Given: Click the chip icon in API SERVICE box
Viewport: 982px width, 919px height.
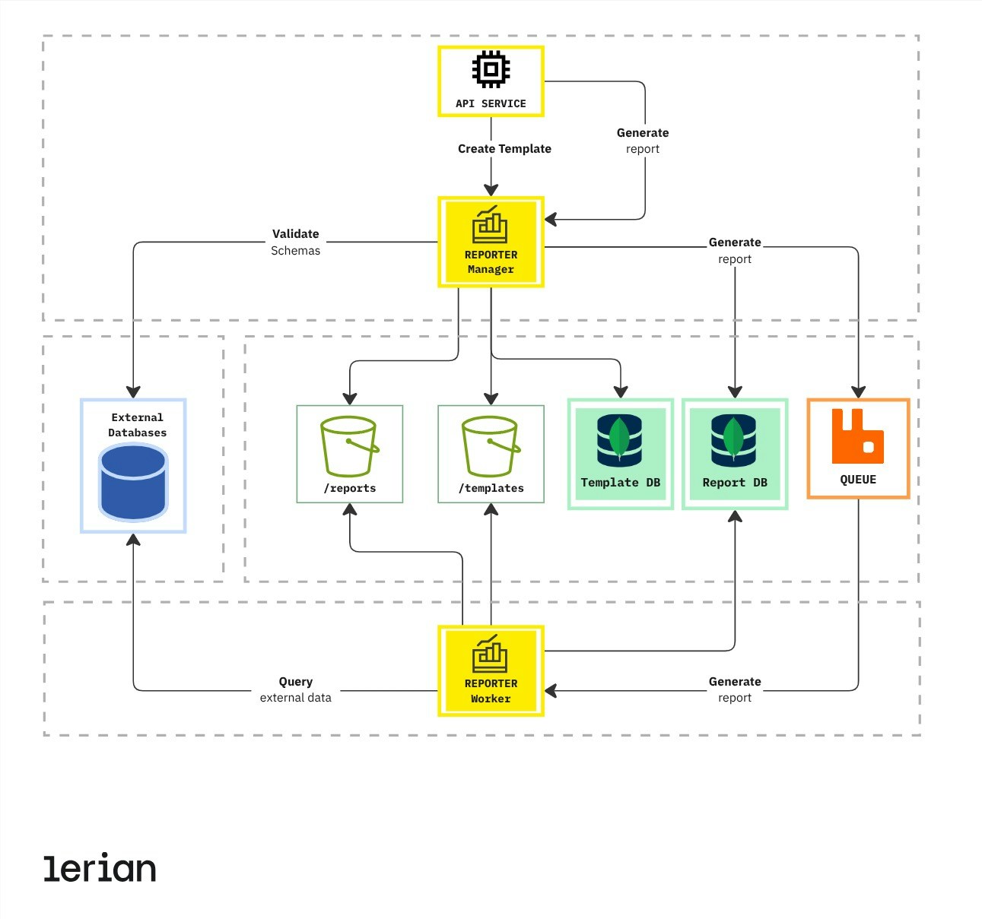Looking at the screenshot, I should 491,70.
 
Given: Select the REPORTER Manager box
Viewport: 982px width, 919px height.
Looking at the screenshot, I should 491,242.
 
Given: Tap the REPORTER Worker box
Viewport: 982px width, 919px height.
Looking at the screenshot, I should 491,670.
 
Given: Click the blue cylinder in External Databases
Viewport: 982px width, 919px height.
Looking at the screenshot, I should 133,483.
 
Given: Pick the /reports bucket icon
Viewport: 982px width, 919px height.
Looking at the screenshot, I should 349,447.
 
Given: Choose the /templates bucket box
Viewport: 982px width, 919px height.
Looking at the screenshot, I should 491,455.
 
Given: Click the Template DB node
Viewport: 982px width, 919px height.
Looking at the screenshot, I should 620,454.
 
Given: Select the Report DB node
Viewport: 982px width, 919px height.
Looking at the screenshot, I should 734,454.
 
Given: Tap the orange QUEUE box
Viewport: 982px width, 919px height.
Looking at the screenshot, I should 858,448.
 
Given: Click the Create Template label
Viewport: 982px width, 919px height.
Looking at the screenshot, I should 504,149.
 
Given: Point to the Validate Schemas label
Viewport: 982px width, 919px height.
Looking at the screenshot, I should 295,242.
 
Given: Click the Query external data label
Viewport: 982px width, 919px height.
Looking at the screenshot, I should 295,689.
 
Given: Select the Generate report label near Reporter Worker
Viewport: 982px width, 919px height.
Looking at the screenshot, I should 734,689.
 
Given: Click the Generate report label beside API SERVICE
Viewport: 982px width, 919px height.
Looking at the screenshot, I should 643,141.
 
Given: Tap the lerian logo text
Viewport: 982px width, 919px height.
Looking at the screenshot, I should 100,868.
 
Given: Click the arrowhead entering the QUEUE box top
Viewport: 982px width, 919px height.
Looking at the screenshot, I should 858,392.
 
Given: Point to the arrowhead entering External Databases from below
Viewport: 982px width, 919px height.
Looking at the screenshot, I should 133,540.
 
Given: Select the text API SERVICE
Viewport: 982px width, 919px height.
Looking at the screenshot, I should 491,103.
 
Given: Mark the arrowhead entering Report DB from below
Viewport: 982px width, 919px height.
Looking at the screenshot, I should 735,517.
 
